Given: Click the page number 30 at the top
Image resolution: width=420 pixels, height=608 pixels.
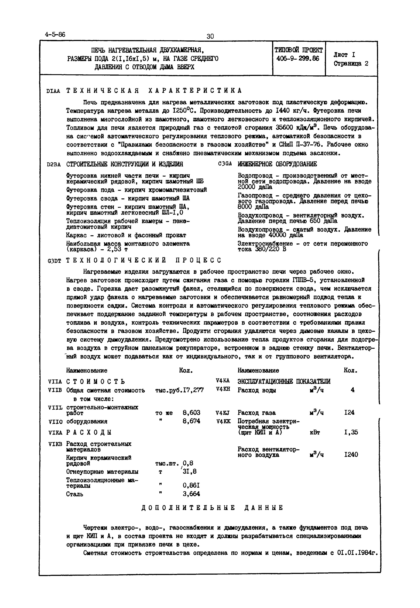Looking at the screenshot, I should (210, 36).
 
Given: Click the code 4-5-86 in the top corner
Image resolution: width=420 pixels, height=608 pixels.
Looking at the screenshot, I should (55, 34).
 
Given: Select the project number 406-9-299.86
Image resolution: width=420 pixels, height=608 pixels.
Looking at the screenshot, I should (298, 59).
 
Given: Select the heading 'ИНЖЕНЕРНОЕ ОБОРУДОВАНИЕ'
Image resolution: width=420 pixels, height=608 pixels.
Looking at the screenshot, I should (277, 164).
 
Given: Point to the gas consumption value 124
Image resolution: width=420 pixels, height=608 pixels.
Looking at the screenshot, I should (349, 413).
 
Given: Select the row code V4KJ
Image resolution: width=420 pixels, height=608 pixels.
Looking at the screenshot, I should (223, 413).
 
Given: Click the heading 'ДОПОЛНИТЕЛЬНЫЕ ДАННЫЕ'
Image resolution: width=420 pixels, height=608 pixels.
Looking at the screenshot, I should (212, 515).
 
